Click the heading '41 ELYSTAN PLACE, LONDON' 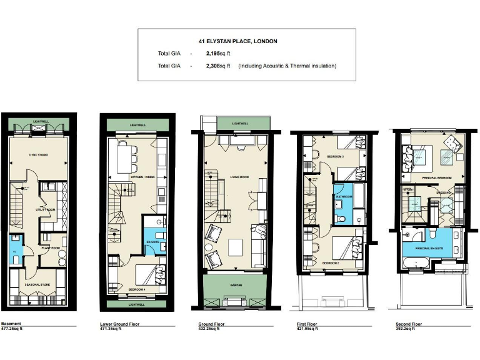238,41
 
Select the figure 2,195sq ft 217,54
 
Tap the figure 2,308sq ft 217,66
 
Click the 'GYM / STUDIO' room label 39,153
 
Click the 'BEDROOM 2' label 331,263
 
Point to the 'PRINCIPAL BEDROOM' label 432,177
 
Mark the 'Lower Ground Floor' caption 119,324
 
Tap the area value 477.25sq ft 12,329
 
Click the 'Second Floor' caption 409,324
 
